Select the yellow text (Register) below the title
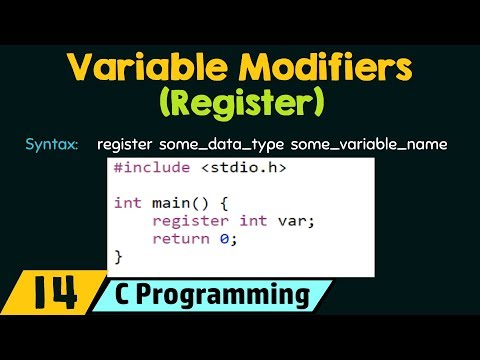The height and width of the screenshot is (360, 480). [x=239, y=103]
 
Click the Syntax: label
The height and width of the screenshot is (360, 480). [x=52, y=145]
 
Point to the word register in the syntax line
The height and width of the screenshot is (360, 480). [x=124, y=145]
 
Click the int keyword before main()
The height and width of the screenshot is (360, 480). [x=128, y=203]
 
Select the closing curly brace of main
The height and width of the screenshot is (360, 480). [x=119, y=257]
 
